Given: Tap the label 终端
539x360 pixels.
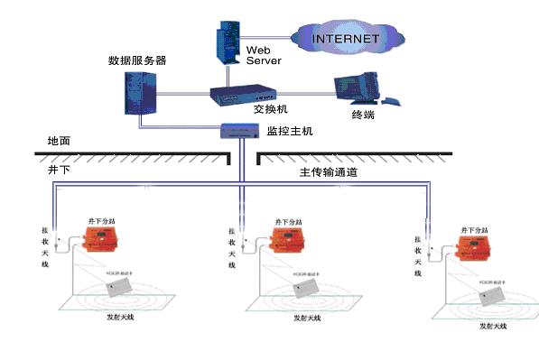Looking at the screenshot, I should tap(364, 115).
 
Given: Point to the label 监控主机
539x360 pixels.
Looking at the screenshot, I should tap(289, 132).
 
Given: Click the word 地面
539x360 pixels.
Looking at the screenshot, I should tap(59, 142).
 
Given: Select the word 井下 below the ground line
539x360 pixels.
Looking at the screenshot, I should tap(59, 169).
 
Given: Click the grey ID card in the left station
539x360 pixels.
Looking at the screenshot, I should tap(118, 286).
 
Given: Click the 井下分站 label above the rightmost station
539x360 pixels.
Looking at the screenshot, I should tap(475, 231).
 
